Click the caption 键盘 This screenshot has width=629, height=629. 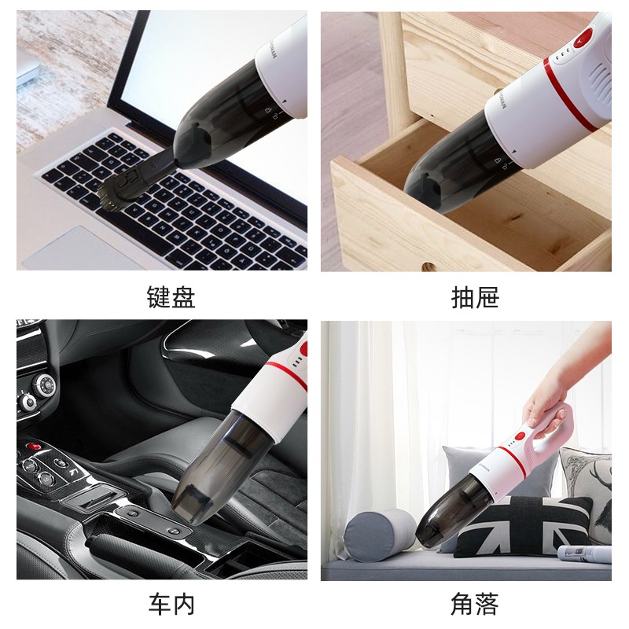[x=171, y=297]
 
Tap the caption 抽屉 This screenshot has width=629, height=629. [x=475, y=297]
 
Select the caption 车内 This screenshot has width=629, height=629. [x=171, y=604]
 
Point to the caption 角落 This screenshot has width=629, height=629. [x=475, y=604]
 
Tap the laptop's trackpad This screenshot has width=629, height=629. [x=70, y=249]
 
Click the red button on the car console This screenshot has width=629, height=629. [x=32, y=447]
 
